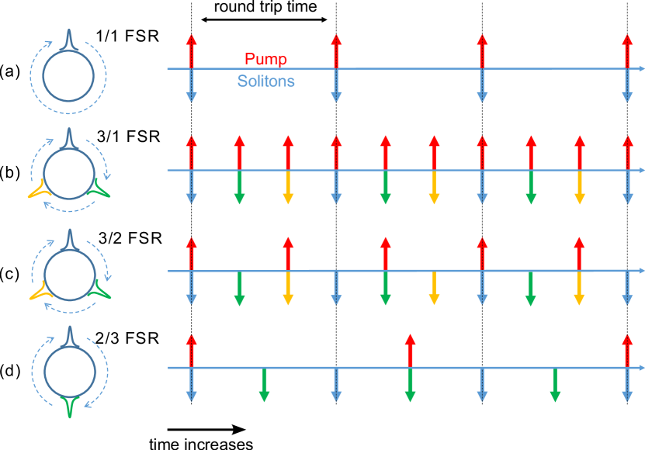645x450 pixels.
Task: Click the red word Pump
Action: pyautogui.click(x=265, y=59)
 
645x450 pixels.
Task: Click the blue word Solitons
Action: pyautogui.click(x=265, y=81)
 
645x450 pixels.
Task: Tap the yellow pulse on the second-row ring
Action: pyautogui.click(x=36, y=189)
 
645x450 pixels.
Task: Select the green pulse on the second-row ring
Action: pyautogui.click(x=101, y=188)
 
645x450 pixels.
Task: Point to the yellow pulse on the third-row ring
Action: pyautogui.click(x=37, y=292)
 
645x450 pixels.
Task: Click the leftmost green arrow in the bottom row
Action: pyautogui.click(x=264, y=386)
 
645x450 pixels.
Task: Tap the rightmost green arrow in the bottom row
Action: pyautogui.click(x=555, y=386)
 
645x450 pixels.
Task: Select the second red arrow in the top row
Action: pyautogui.click(x=335, y=51)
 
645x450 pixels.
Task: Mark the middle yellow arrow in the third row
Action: pyautogui.click(x=434, y=289)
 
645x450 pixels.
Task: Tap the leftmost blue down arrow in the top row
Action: pyautogui.click(x=192, y=86)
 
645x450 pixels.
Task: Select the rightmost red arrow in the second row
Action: pyautogui.click(x=627, y=152)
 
